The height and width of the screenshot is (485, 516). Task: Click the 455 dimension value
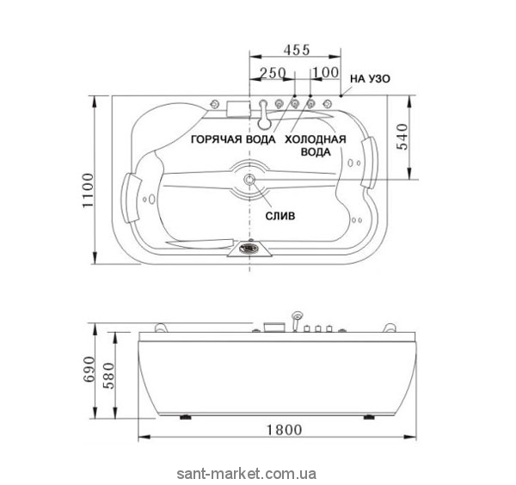(297, 50)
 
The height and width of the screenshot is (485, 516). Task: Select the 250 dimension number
(273, 73)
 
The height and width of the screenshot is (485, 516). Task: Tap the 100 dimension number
(325, 72)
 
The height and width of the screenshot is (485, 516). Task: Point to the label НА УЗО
(370, 79)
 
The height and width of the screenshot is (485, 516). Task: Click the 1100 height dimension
(89, 191)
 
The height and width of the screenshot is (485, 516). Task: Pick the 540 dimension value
(402, 137)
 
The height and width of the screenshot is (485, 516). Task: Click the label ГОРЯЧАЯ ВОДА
(233, 139)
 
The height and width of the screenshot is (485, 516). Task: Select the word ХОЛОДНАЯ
(316, 139)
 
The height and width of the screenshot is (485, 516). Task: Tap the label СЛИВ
(280, 216)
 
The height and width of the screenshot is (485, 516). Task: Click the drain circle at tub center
(249, 180)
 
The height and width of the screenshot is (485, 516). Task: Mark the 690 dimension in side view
(89, 369)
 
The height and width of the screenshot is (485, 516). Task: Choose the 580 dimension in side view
(108, 376)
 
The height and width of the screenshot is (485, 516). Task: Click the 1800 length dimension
(284, 430)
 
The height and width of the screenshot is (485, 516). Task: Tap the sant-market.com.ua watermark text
(247, 474)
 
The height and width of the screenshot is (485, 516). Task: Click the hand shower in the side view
(296, 320)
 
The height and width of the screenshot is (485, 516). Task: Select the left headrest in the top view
(131, 198)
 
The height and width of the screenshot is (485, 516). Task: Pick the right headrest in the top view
(369, 162)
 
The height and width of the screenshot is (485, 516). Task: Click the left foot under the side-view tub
(186, 417)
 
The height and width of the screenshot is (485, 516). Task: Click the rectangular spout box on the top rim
(238, 108)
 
